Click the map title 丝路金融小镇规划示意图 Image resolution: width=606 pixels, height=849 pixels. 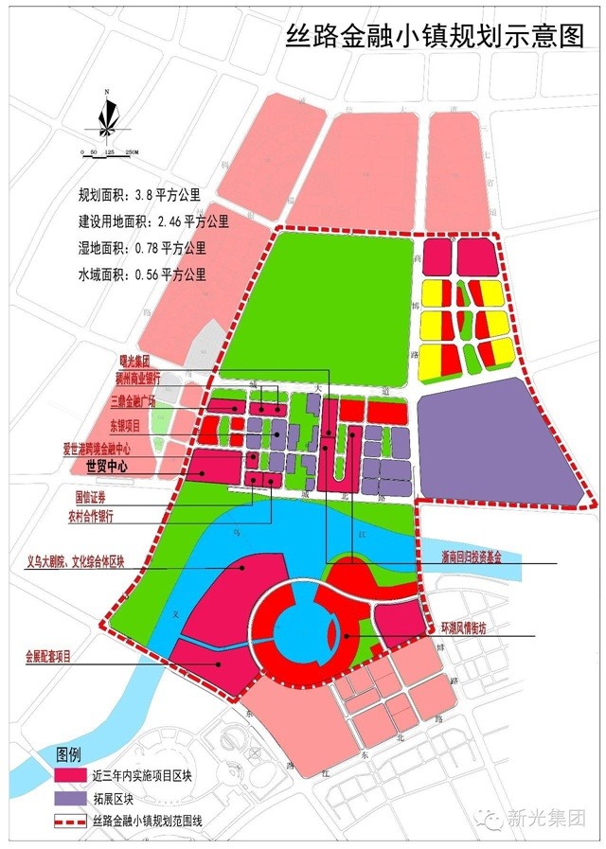(437, 36)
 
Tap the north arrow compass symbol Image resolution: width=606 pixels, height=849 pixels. (107, 115)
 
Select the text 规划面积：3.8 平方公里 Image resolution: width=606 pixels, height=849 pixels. (140, 196)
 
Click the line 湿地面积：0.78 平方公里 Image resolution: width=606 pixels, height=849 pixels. (141, 249)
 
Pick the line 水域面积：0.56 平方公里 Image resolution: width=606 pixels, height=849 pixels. (141, 275)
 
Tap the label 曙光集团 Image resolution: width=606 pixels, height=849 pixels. (135, 362)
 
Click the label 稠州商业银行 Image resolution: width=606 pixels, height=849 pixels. (138, 377)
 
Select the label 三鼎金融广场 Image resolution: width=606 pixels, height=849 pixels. (138, 400)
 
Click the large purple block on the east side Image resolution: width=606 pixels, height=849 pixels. (499, 441)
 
